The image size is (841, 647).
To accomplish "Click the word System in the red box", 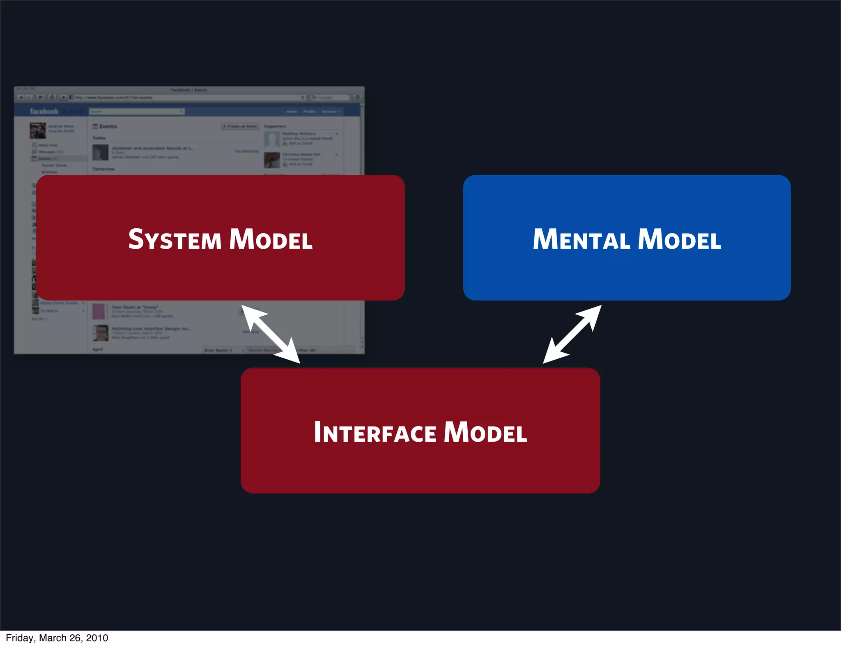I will pos(175,239).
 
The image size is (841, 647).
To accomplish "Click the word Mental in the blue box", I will pos(581,239).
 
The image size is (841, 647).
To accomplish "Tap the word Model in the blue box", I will pos(680,239).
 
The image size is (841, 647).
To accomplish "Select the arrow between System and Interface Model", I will pos(271,334).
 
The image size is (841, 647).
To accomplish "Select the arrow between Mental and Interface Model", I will pos(572,334).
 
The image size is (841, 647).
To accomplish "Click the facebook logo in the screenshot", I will pos(44,111).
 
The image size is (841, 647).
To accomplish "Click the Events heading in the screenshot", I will pos(108,126).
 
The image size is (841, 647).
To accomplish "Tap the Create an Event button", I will pos(240,126).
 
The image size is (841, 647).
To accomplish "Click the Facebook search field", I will pos(136,111).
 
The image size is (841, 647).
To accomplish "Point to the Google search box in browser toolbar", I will pos(330,98).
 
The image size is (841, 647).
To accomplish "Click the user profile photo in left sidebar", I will pos(38,131).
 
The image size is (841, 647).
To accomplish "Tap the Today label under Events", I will pos(99,138).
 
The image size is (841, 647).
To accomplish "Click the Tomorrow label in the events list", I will pos(103,169).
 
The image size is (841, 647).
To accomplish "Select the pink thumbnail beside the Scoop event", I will pos(99,312).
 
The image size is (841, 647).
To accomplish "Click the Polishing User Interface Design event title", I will pos(151,328).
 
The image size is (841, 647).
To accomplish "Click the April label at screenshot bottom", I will pos(97,349).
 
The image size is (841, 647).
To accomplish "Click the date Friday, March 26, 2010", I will pos(57,638).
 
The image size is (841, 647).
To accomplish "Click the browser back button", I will pos(21,97).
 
